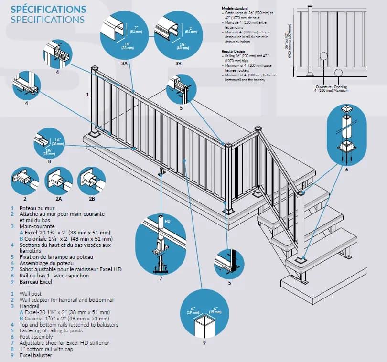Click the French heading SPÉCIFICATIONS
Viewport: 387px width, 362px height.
pos(48,9)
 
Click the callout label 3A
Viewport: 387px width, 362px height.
pos(124,63)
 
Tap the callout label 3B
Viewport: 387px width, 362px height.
pos(179,63)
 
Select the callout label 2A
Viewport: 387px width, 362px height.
pos(59,198)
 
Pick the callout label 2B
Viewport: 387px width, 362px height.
pos(92,198)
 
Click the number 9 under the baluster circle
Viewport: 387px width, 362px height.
pos(204,342)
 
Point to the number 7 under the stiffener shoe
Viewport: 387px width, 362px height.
pos(161,277)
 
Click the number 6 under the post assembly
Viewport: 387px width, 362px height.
pos(346,170)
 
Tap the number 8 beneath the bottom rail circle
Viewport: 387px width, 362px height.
pos(49,161)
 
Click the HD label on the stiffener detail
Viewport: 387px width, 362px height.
pos(167,221)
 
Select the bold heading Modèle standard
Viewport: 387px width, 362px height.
pos(235,9)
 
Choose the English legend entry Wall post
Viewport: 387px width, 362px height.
pos(31,293)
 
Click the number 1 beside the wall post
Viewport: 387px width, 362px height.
pos(87,95)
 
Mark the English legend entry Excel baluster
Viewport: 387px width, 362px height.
pos(36,355)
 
